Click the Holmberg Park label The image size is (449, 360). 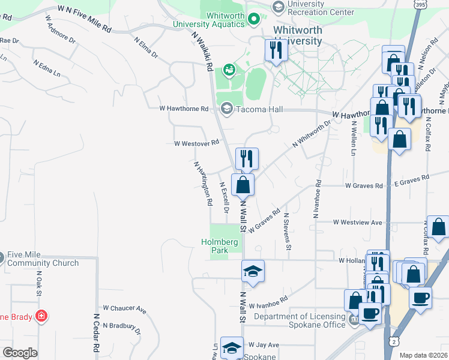pyautogui.click(x=214, y=246)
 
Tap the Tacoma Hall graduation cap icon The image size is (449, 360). pyautogui.click(x=226, y=109)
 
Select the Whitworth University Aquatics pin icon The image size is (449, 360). pyautogui.click(x=254, y=19)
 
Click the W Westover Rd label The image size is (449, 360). pyautogui.click(x=196, y=143)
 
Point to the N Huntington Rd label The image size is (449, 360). pyautogui.click(x=203, y=184)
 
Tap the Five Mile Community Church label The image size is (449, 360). pyautogui.click(x=43, y=259)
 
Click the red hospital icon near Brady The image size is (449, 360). pyautogui.click(x=41, y=316)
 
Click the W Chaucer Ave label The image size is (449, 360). pyautogui.click(x=125, y=310)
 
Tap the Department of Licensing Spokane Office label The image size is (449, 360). pyautogui.click(x=300, y=320)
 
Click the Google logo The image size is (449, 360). pyautogui.click(x=20, y=352)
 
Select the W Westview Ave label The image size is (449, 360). pyautogui.click(x=358, y=222)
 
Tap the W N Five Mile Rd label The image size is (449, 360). pyautogui.click(x=85, y=19)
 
